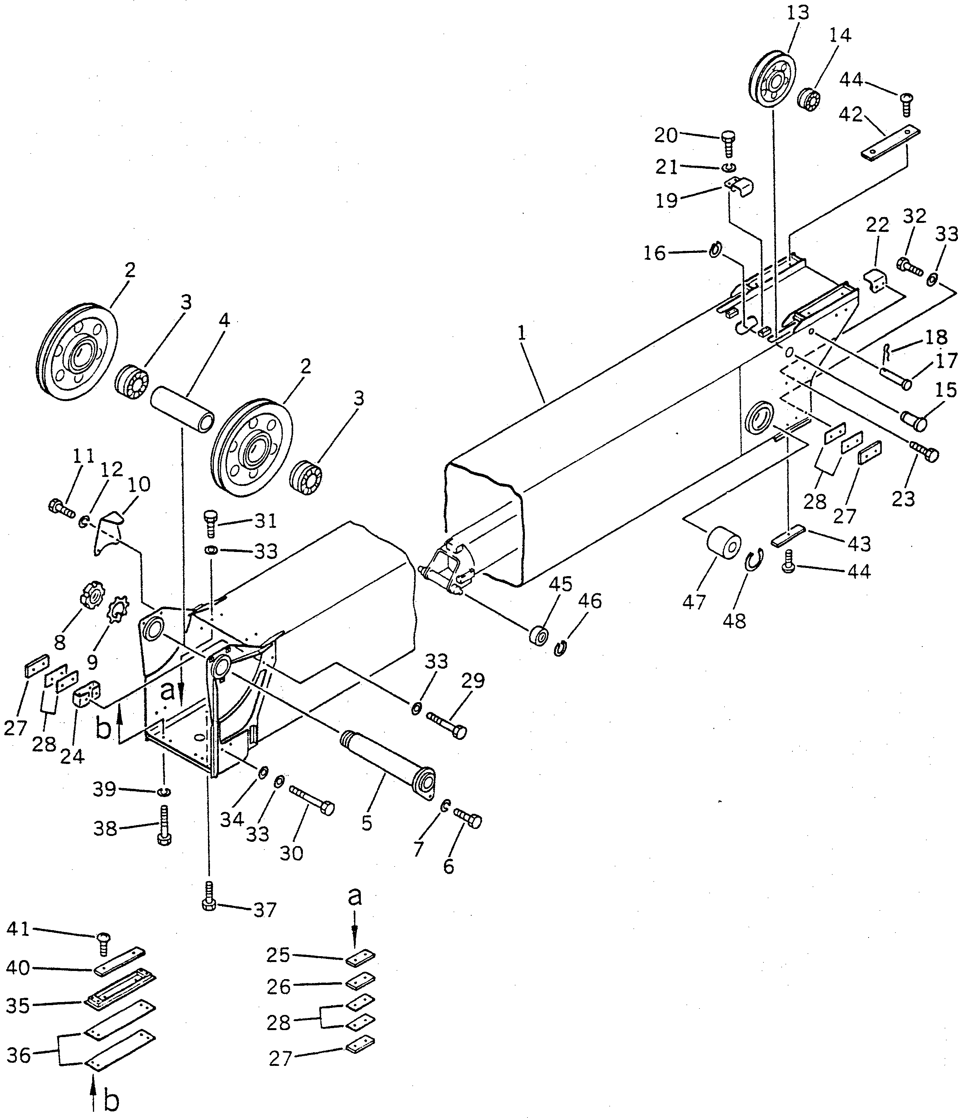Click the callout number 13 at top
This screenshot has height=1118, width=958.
point(798,12)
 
